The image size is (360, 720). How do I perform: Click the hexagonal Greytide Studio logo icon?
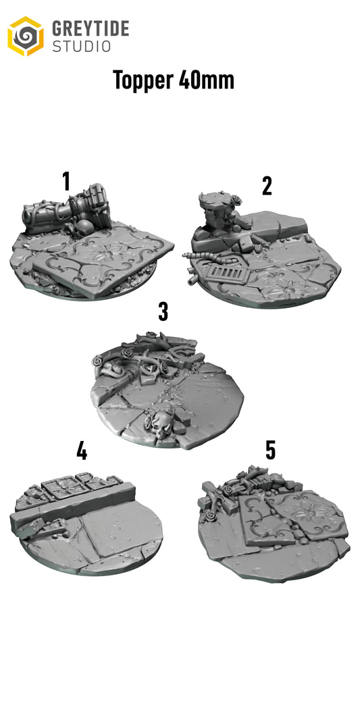[x=25, y=36]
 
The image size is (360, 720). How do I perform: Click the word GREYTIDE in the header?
[x=91, y=29]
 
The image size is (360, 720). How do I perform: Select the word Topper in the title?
[x=143, y=80]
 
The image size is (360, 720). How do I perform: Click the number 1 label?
[x=66, y=181]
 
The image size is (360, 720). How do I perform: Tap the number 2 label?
[x=267, y=186]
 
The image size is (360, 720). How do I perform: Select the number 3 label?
[x=163, y=312]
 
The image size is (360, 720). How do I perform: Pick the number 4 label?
[x=82, y=451]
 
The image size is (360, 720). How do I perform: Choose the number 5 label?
[x=270, y=451]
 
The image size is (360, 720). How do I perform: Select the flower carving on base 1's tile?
[x=108, y=257]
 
